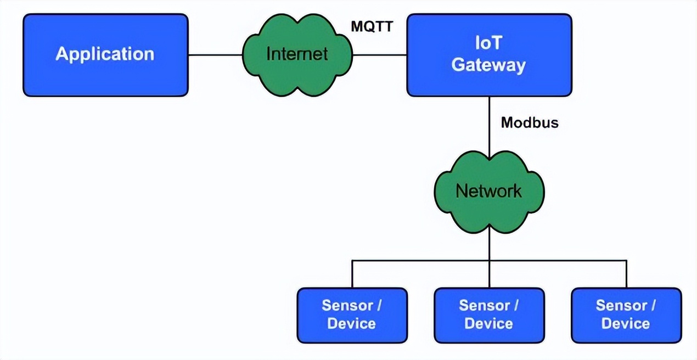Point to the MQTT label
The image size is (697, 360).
[x=372, y=25]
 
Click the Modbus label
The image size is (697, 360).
[x=530, y=122]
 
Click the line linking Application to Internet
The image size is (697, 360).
[x=215, y=55]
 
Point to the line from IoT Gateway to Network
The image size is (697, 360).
[x=489, y=126]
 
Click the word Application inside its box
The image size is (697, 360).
[x=105, y=54]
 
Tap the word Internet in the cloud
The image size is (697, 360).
[x=296, y=54]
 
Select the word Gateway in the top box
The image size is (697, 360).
[x=488, y=65]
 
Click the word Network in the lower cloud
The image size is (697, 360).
[x=488, y=191]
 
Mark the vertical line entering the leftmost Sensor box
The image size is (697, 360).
[x=352, y=274]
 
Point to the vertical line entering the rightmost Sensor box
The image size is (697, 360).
[x=626, y=274]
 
